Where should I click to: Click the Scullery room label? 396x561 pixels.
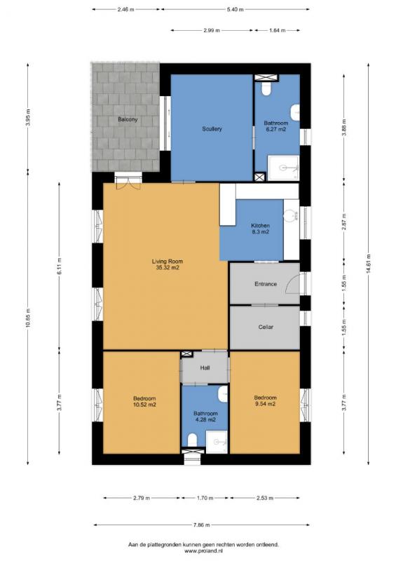click(212, 129)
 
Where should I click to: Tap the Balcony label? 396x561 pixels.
click(128, 119)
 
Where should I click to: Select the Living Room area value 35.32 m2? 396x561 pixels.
click(168, 267)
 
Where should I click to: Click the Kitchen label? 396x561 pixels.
click(261, 226)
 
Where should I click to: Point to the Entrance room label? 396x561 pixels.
click(266, 284)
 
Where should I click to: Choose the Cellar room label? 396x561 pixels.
click(266, 327)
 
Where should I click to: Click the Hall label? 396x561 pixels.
click(205, 367)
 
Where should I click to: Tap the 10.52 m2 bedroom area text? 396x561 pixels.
click(144, 405)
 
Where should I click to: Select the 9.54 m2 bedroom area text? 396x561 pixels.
click(265, 404)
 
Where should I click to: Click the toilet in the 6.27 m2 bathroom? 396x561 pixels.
click(266, 89)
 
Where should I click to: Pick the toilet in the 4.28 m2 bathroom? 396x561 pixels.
click(193, 440)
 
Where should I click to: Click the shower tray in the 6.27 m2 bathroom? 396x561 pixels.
click(283, 168)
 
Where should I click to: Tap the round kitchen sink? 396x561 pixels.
click(290, 216)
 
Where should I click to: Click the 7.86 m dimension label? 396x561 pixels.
click(201, 525)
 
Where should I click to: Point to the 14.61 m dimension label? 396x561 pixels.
click(368, 264)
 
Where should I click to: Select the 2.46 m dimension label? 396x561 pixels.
click(125, 10)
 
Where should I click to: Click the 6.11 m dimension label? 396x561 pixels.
click(59, 266)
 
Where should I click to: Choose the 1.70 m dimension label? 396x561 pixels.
click(205, 498)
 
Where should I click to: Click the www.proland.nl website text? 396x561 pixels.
click(203, 551)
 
